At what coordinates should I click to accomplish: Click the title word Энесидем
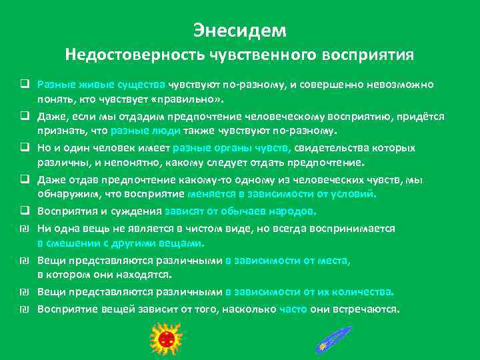pyautogui.click(x=239, y=30)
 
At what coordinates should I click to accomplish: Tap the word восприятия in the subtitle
pyautogui.click(x=361, y=54)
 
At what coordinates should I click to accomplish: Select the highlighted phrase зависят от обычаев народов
pyautogui.click(x=240, y=211)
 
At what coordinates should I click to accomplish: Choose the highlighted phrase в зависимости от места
pyautogui.click(x=288, y=259)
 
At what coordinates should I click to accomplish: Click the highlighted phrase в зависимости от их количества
pyautogui.click(x=309, y=292)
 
